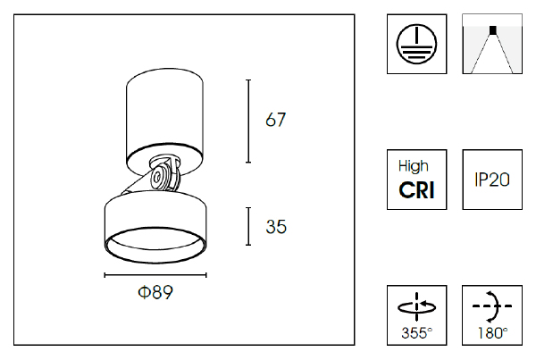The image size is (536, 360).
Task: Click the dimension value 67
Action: click(x=276, y=120)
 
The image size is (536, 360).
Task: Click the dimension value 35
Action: click(x=276, y=227)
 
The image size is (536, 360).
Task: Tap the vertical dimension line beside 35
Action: click(x=248, y=227)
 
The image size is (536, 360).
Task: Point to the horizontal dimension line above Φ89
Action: click(x=156, y=275)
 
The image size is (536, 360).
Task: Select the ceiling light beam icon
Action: click(x=491, y=45)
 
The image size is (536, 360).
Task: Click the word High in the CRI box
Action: click(x=414, y=166)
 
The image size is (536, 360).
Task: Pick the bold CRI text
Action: click(x=415, y=189)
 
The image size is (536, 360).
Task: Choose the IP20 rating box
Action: click(x=491, y=180)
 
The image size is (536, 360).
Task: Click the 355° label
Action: click(x=415, y=334)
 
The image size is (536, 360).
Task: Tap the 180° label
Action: click(x=491, y=334)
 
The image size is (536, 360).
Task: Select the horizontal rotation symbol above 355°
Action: click(x=415, y=306)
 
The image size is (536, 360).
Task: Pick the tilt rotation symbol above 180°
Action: click(x=491, y=306)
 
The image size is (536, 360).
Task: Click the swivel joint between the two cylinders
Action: click(x=163, y=175)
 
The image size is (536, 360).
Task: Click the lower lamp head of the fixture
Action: click(x=156, y=219)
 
